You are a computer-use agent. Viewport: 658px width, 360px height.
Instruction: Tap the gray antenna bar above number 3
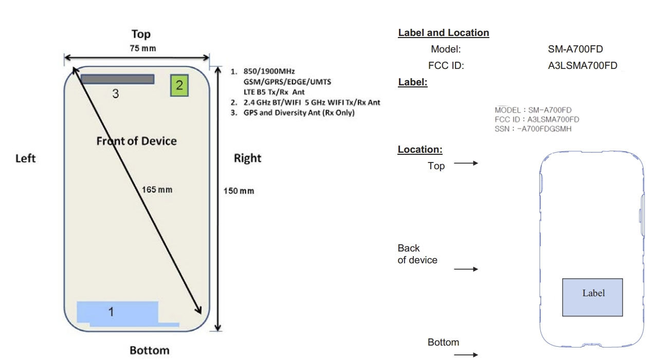click(x=118, y=79)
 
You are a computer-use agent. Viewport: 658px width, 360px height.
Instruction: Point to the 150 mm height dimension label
click(x=239, y=191)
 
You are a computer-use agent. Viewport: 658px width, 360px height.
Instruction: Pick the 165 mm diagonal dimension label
click(x=157, y=190)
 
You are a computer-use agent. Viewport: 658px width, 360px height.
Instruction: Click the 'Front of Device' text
click(x=136, y=141)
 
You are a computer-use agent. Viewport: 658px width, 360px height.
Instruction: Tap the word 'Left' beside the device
click(x=25, y=158)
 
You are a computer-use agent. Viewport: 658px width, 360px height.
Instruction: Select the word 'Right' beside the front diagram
click(x=247, y=158)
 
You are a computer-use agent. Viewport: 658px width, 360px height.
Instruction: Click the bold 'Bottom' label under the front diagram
click(x=149, y=350)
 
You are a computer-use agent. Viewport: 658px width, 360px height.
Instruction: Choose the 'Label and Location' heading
click(x=444, y=33)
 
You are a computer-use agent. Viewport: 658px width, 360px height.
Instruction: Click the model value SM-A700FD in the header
click(x=575, y=49)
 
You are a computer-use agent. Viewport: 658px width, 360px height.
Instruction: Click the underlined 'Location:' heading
click(x=420, y=150)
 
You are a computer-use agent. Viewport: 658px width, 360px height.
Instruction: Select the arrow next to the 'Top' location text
click(x=466, y=164)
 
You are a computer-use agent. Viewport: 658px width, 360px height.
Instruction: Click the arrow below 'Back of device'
click(x=466, y=269)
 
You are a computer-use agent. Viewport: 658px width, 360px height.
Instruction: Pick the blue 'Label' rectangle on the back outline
click(x=592, y=297)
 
